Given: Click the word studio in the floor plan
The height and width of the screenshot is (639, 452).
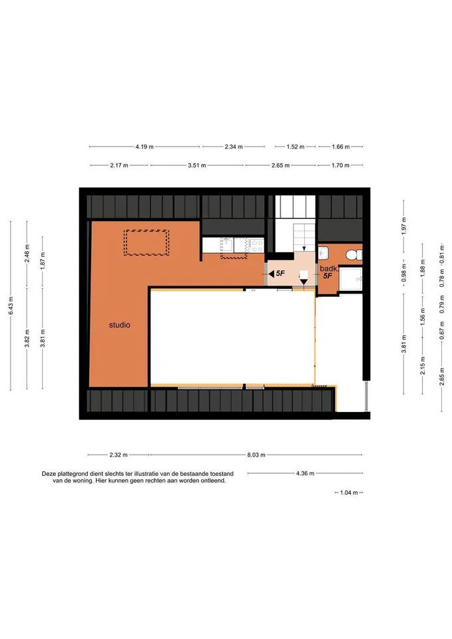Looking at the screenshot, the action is pyautogui.click(x=119, y=325).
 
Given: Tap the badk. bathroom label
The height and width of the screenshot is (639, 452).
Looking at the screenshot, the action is pyautogui.click(x=329, y=268).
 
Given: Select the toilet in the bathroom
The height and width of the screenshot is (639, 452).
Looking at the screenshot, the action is pyautogui.click(x=353, y=255).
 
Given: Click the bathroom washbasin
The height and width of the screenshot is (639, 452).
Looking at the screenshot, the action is pyautogui.click(x=324, y=253).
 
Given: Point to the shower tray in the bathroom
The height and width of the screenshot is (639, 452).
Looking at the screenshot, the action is pyautogui.click(x=351, y=279).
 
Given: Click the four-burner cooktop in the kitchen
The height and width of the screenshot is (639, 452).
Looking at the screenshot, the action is pyautogui.click(x=257, y=245).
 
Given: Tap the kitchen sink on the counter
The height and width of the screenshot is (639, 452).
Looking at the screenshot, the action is pyautogui.click(x=227, y=245).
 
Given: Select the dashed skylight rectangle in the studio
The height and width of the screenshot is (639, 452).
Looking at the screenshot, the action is pyautogui.click(x=146, y=242).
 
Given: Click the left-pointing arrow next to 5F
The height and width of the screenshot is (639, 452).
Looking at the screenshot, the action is pyautogui.click(x=271, y=274).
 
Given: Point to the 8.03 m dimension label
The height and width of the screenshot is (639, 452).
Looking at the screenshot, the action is pyautogui.click(x=256, y=455).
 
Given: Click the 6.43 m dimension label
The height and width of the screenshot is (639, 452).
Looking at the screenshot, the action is pyautogui.click(x=11, y=306).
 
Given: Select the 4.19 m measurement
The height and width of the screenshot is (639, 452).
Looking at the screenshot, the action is pyautogui.click(x=144, y=146).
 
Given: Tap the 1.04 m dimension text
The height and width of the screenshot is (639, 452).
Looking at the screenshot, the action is pyautogui.click(x=349, y=493).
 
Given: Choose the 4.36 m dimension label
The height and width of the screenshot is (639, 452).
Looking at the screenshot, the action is pyautogui.click(x=306, y=473).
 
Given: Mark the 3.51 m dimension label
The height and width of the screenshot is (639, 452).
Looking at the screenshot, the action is pyautogui.click(x=197, y=166).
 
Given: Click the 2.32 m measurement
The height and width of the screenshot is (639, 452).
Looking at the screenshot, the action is pyautogui.click(x=118, y=455).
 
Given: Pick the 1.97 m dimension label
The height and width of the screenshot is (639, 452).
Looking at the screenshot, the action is pyautogui.click(x=404, y=226).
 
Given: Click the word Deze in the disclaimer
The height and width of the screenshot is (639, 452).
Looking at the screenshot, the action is pyautogui.click(x=49, y=474).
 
